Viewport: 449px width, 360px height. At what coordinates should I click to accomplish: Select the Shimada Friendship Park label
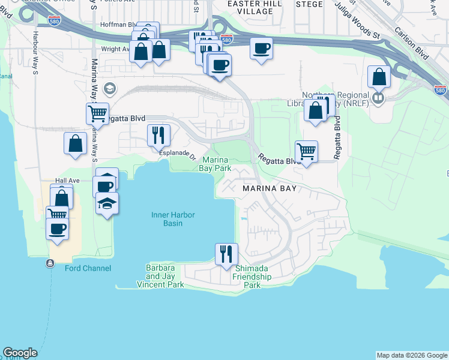[252, 277]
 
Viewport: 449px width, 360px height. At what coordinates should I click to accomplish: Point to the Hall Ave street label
[67, 180]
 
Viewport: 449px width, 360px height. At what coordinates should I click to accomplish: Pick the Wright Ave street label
[115, 50]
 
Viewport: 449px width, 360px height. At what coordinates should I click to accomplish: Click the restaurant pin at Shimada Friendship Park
[226, 253]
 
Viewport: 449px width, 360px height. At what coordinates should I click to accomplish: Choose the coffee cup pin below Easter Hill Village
[261, 48]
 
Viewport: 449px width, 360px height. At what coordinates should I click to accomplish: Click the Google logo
[20, 353]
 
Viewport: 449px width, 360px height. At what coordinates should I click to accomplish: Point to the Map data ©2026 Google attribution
[412, 355]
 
